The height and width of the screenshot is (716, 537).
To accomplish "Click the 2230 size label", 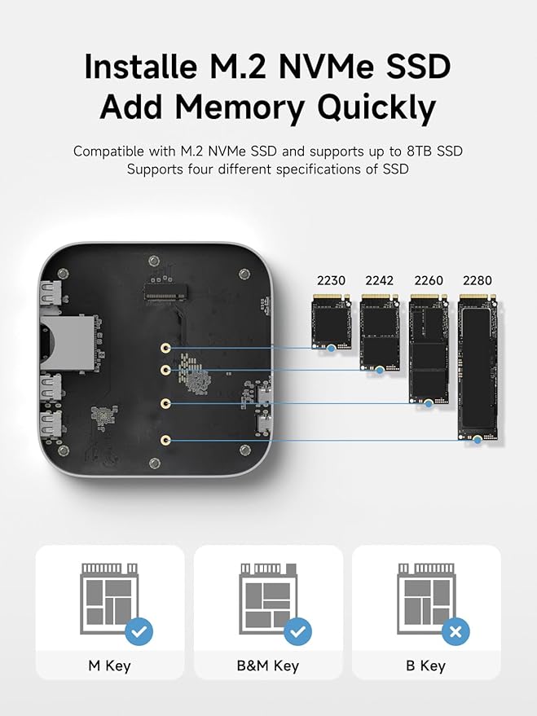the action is pyautogui.click(x=331, y=280).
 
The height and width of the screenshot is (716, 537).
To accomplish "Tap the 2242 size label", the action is pyautogui.click(x=380, y=280).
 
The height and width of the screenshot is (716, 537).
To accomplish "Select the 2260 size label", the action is pyautogui.click(x=429, y=280).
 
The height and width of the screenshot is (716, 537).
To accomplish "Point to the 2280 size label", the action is pyautogui.click(x=478, y=280).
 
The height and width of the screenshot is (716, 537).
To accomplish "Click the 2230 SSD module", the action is pyautogui.click(x=332, y=322).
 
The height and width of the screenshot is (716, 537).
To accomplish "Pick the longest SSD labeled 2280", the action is pyautogui.click(x=478, y=368).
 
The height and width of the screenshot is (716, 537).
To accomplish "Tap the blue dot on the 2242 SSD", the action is pyautogui.click(x=380, y=371).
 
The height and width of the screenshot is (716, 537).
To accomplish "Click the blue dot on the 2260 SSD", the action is pyautogui.click(x=429, y=404).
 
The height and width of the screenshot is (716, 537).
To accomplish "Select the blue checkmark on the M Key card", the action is pyautogui.click(x=139, y=631).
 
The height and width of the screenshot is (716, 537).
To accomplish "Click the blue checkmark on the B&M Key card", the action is pyautogui.click(x=297, y=631).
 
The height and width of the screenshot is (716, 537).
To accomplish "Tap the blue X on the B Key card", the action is pyautogui.click(x=456, y=631).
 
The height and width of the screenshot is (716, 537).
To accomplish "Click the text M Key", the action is pyautogui.click(x=109, y=665).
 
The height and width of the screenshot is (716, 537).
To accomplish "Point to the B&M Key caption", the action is pyautogui.click(x=268, y=665).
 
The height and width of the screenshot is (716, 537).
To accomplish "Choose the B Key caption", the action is pyautogui.click(x=425, y=665).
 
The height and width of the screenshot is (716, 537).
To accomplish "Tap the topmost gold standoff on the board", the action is pyautogui.click(x=165, y=349).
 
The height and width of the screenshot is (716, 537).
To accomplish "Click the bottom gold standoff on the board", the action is pyautogui.click(x=165, y=441).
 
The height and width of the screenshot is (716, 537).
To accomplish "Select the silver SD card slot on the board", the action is pyautogui.click(x=68, y=340).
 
